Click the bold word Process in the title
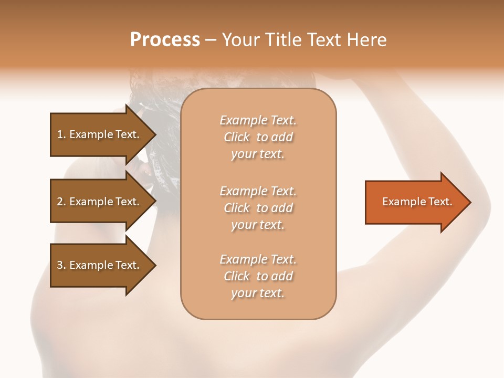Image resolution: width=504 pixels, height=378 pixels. click(x=165, y=39)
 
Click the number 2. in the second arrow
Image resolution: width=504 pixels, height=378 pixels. click(x=61, y=202)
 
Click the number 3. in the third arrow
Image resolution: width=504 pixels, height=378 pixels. click(x=61, y=265)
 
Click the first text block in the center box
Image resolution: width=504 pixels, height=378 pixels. click(x=258, y=137)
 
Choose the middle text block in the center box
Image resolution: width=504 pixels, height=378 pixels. click(x=258, y=208)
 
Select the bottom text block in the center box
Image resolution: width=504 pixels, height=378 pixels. click(x=258, y=276)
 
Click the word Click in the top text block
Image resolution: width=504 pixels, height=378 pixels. click(x=237, y=137)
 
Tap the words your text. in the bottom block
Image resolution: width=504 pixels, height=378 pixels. click(x=258, y=293)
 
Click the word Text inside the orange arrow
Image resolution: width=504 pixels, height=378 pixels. click(x=440, y=202)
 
